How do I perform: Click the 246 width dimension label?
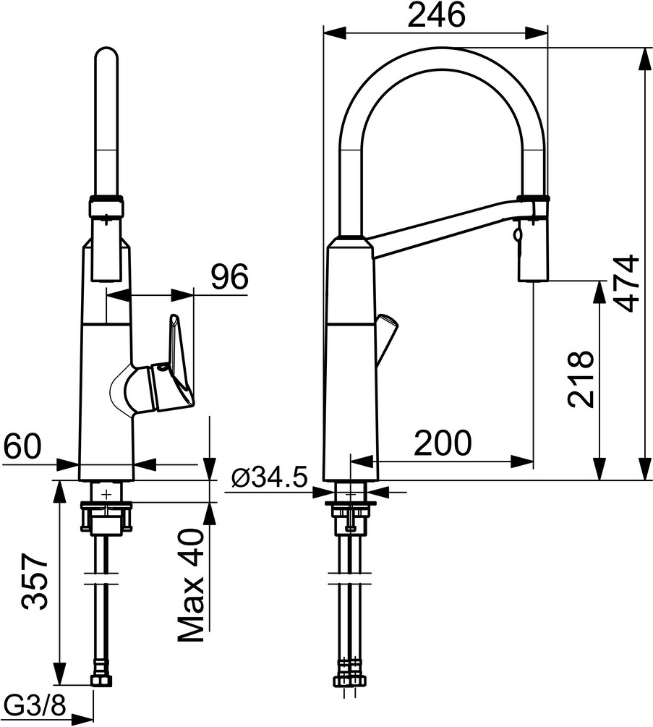435,15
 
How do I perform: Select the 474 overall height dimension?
621,283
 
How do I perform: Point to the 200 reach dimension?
442,442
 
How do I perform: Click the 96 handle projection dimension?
229,276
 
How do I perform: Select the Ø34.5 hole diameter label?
270,477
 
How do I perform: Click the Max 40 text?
192,586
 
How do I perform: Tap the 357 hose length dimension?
35,582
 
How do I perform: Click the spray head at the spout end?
533,246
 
